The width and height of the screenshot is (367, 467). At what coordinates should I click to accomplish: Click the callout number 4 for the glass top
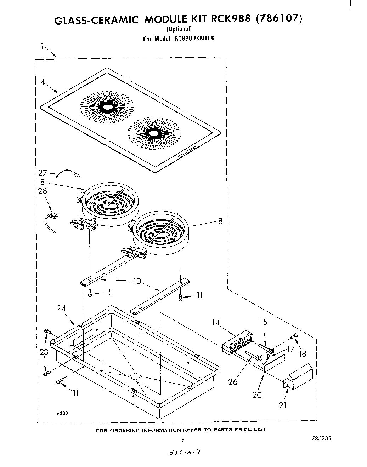pos(43,82)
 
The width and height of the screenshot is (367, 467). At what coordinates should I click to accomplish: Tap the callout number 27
pos(43,173)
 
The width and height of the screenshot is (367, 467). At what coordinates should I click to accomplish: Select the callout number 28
pos(43,191)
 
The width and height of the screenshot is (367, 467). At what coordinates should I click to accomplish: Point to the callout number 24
pos(61,309)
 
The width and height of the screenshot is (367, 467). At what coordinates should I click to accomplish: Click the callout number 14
pos(216,322)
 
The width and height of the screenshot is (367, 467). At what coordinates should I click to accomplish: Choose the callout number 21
pos(282,405)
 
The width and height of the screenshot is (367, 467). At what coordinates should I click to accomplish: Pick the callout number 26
pos(233,382)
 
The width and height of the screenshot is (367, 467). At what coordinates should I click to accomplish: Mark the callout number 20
pos(257,394)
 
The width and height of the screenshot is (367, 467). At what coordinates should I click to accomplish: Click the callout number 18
pos(303,353)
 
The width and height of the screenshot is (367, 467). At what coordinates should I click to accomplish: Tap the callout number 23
pos(44,352)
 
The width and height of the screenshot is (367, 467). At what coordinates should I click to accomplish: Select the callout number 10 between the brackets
pos(137,281)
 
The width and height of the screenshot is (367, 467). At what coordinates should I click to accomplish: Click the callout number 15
pos(263,322)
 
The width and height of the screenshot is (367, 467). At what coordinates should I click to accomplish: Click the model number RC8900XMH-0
pos(194,39)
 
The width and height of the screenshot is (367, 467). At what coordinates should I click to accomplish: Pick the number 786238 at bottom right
pos(321,438)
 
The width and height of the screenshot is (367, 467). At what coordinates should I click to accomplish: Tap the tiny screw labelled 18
pos(294,336)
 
